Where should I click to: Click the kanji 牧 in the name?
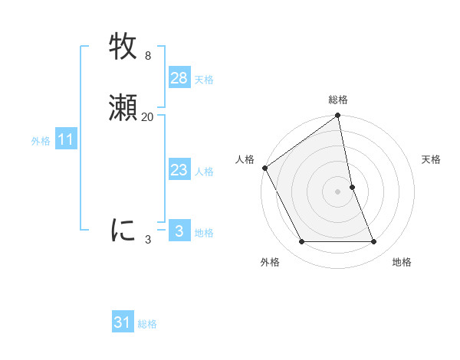pos(123,47)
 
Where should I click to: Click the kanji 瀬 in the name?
pos(123,106)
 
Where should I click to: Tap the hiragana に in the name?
pos(123,229)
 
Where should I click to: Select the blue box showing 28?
pos(179,78)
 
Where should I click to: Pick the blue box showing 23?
pos(179,170)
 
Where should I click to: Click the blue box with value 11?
pos(65,139)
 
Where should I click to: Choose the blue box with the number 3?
pos(179,231)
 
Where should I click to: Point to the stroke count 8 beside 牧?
pos(147,56)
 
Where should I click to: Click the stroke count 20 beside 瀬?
pos(147,117)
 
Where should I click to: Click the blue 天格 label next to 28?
pos(204,80)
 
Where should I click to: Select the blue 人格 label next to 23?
pos(204,172)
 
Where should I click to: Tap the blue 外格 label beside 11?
pos(41,141)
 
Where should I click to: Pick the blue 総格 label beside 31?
pos(147,324)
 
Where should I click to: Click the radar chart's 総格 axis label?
pos(338,100)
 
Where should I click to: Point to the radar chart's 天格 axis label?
pos(432,159)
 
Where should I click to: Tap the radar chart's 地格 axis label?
pos(402,262)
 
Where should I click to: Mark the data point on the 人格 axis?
pos(264,168)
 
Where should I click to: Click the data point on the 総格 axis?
pos(338,116)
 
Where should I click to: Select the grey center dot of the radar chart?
pos(338,191)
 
